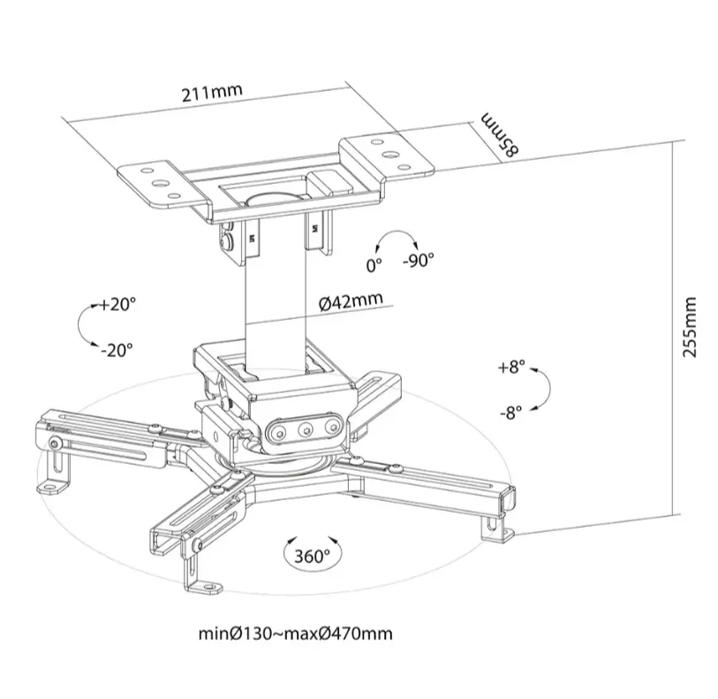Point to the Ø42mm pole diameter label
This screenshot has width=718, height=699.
click(x=351, y=300)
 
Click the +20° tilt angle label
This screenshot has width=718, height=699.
click(x=117, y=305)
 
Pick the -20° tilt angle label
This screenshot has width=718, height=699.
click(x=115, y=349)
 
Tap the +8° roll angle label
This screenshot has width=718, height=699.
click(x=510, y=366)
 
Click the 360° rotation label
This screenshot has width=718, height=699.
click(x=312, y=556)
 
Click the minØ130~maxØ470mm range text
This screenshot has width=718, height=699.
click(x=296, y=634)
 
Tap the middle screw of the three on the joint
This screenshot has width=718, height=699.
click(x=306, y=429)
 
